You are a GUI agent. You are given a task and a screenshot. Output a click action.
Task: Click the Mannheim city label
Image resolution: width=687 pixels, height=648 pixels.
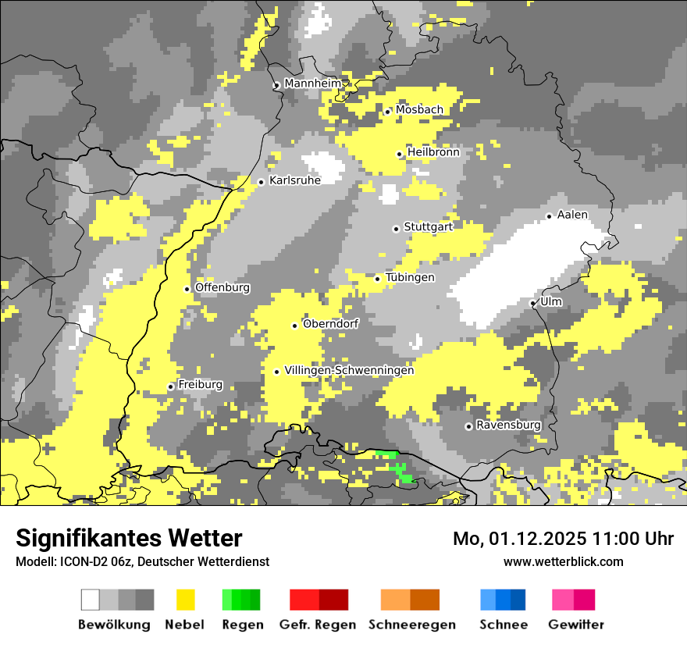313,84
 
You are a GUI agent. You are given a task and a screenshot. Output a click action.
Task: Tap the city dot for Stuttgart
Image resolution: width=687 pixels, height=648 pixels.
397,229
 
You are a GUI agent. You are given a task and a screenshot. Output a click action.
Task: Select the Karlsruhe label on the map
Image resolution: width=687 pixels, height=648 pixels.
295,180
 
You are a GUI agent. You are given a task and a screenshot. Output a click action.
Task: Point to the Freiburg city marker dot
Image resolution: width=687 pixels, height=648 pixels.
171,386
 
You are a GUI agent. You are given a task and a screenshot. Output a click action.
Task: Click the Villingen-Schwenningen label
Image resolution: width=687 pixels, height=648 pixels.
349,370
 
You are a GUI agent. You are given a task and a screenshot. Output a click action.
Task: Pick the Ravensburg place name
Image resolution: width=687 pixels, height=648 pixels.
508,425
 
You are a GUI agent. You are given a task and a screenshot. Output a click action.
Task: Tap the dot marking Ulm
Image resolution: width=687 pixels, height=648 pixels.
532,303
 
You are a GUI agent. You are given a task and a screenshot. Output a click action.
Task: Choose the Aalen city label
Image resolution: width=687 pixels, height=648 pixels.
572,215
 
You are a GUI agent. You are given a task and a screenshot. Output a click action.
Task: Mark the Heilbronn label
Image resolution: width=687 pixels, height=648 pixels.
433,152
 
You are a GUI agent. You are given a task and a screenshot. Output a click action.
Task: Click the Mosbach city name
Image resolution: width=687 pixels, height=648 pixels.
419,110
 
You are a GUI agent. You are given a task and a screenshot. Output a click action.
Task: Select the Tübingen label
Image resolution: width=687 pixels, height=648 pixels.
410,277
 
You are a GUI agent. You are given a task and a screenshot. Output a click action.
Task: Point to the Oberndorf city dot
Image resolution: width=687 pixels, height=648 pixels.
295,326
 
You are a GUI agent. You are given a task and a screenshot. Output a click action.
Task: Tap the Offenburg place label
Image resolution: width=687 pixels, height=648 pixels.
222,287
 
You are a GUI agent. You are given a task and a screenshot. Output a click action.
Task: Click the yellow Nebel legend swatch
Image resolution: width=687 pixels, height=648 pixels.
186,600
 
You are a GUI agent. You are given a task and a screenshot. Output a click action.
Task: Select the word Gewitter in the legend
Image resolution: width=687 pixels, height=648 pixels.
576,625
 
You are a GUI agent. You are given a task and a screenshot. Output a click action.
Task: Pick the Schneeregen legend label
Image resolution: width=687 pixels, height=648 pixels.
412,625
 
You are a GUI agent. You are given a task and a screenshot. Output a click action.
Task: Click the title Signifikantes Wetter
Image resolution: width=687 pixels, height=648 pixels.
129,539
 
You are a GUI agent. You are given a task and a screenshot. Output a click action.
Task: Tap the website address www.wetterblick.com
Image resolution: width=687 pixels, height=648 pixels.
564,561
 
